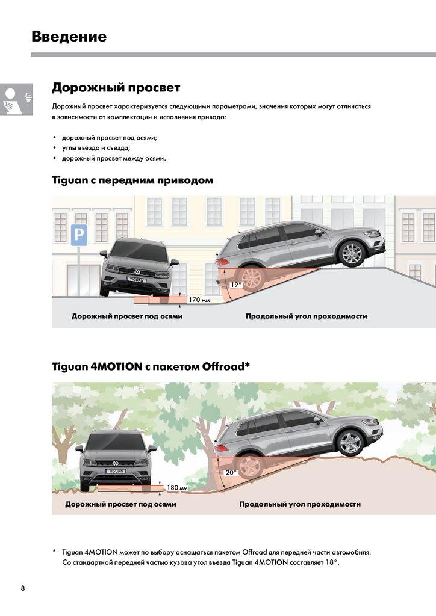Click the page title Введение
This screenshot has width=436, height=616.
[x=69, y=36]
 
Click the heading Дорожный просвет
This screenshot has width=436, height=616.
[x=116, y=87]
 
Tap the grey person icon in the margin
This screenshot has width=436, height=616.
[x=16, y=99]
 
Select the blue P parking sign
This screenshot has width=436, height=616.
[x=79, y=235]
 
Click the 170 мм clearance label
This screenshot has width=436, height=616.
[x=199, y=300]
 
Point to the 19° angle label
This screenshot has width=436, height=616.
[x=236, y=284]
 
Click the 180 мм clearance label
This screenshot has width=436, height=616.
[x=177, y=487]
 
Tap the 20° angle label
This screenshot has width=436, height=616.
[x=231, y=473]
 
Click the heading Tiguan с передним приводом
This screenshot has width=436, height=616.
[x=132, y=180]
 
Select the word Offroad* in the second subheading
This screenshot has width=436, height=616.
[x=226, y=366]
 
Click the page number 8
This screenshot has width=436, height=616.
[x=23, y=588]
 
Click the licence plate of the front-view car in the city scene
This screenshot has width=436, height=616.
[x=136, y=280]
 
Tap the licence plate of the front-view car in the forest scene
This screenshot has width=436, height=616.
[x=115, y=470]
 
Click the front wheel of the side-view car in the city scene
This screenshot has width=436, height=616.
[x=352, y=254]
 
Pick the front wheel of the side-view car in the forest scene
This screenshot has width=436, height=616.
[x=350, y=443]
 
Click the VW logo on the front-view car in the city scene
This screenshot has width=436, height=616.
[x=137, y=271]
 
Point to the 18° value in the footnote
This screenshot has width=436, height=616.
[x=332, y=562]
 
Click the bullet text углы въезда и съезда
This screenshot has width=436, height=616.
[x=96, y=148]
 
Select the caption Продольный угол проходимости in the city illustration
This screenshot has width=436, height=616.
[x=307, y=316]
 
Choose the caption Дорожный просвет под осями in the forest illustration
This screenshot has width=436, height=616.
[x=120, y=504]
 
